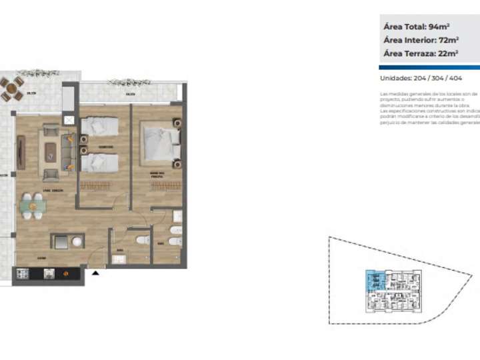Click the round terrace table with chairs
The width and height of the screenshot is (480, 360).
click(x=11, y=88)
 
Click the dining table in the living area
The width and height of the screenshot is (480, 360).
click(x=32, y=206)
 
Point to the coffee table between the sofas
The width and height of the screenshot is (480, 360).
click(x=51, y=152)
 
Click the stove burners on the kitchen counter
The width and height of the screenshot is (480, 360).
click(x=22, y=273)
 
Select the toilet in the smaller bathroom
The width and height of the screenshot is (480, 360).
click(x=141, y=241)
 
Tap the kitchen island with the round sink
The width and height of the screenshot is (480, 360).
click(x=68, y=241)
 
